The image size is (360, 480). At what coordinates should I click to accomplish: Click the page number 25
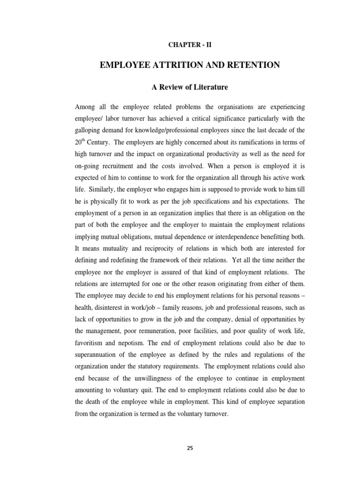tap(189, 448)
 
